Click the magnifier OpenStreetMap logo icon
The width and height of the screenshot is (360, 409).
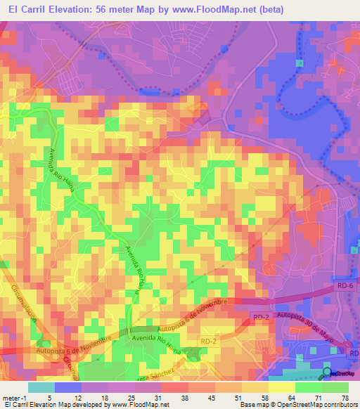click(327, 372)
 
